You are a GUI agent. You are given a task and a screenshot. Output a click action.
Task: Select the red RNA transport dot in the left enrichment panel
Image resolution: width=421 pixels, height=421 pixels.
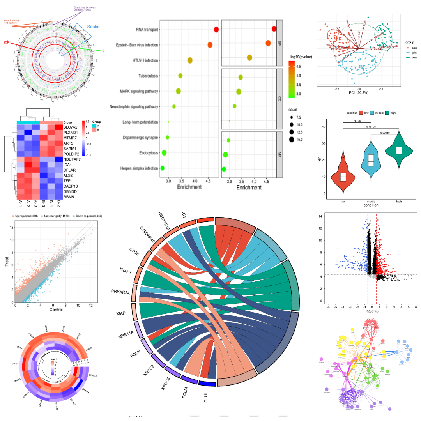216,30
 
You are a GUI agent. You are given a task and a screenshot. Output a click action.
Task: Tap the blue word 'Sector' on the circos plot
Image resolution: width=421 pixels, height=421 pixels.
94,27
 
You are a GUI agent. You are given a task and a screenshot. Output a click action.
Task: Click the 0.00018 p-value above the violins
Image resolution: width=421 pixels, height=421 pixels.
377,133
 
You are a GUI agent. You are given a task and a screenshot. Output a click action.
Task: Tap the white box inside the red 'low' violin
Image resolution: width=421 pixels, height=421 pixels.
343,177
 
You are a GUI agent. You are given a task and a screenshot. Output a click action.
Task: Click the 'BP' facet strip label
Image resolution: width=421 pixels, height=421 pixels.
279,42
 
